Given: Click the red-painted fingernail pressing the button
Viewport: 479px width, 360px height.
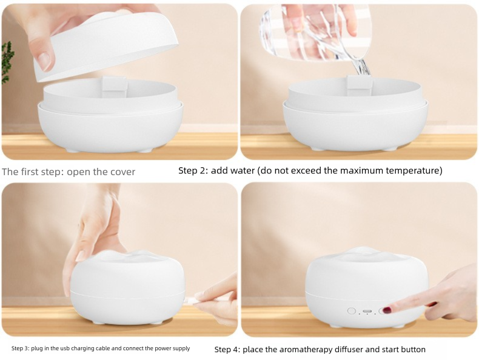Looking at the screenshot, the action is tap(387, 310).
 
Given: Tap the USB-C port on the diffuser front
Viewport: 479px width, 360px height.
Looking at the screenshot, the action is tap(367, 312).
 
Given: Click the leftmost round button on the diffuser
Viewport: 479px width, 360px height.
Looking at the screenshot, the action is tap(352, 311).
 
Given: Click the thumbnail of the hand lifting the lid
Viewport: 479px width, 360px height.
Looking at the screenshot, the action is tap(45, 61).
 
